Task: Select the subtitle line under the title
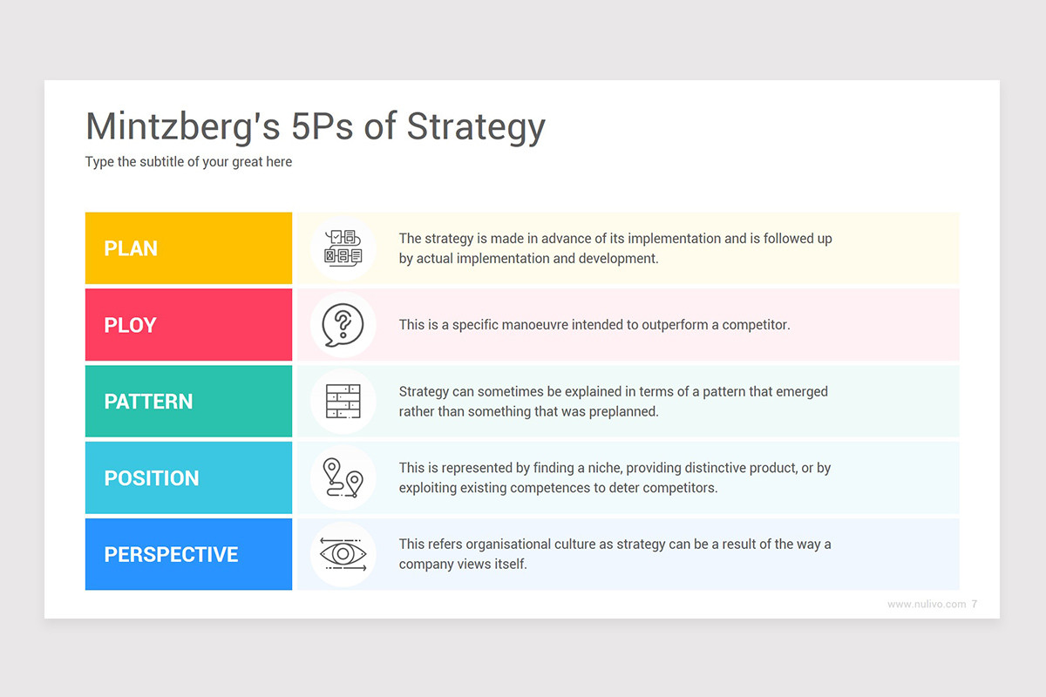(x=188, y=162)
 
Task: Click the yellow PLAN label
(x=188, y=248)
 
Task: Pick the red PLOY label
(x=188, y=325)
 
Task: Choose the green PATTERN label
(x=188, y=402)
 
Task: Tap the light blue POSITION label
(x=188, y=478)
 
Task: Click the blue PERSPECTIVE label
(x=188, y=555)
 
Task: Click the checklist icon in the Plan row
(x=343, y=248)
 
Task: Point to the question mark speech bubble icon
(x=343, y=325)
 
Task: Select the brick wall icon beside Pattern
(x=343, y=402)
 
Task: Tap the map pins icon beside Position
(x=343, y=478)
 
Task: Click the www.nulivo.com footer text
(x=926, y=605)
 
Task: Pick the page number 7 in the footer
(x=974, y=605)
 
